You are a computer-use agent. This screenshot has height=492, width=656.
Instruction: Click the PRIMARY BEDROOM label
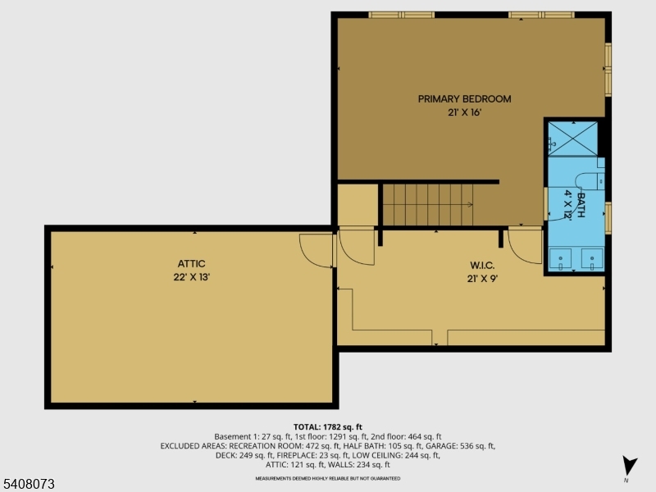click(464, 99)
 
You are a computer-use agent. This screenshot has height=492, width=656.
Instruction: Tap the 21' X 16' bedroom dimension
click(464, 113)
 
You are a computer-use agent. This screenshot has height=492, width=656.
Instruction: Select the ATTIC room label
click(191, 264)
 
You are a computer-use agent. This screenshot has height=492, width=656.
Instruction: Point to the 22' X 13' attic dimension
click(191, 277)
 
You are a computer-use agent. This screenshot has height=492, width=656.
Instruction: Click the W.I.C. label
click(481, 266)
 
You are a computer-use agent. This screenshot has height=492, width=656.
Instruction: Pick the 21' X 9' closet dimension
click(481, 279)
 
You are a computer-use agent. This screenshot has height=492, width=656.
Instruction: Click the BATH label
click(581, 203)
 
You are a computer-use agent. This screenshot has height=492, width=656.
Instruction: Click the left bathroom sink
click(562, 258)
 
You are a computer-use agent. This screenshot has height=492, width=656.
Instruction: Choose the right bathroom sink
click(592, 258)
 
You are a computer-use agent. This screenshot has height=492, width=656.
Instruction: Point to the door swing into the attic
click(316, 250)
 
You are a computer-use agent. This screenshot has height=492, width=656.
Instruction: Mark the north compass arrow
click(628, 465)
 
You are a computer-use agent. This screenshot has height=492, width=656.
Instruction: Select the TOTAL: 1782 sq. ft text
click(327, 426)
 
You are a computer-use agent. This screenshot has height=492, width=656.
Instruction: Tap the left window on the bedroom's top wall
click(401, 15)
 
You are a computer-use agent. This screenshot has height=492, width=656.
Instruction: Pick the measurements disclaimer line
click(327, 477)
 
